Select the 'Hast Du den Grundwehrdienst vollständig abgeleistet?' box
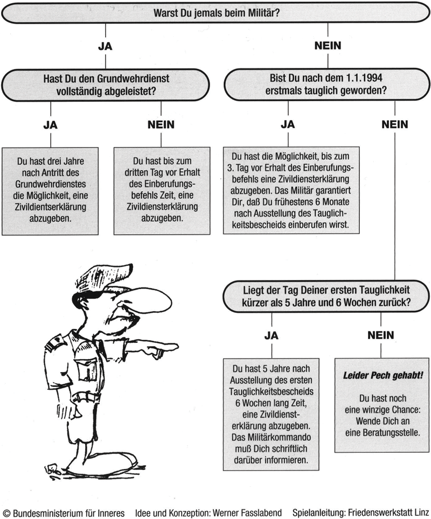[x=106, y=85]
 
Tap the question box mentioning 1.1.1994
[x=327, y=84]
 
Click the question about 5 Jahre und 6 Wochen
[x=326, y=296]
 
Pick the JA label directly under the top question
[x=106, y=46]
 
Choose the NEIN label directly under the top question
[x=328, y=46]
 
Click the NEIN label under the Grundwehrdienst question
[x=161, y=125]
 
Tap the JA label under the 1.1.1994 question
[x=288, y=124]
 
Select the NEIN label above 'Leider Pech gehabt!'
[x=381, y=335]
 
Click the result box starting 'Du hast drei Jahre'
[x=50, y=191]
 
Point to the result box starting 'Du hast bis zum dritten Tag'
[x=162, y=191]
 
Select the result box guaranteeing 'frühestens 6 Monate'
[x=291, y=191]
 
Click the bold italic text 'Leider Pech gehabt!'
[x=383, y=376]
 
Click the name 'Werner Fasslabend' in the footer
[x=247, y=513]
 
